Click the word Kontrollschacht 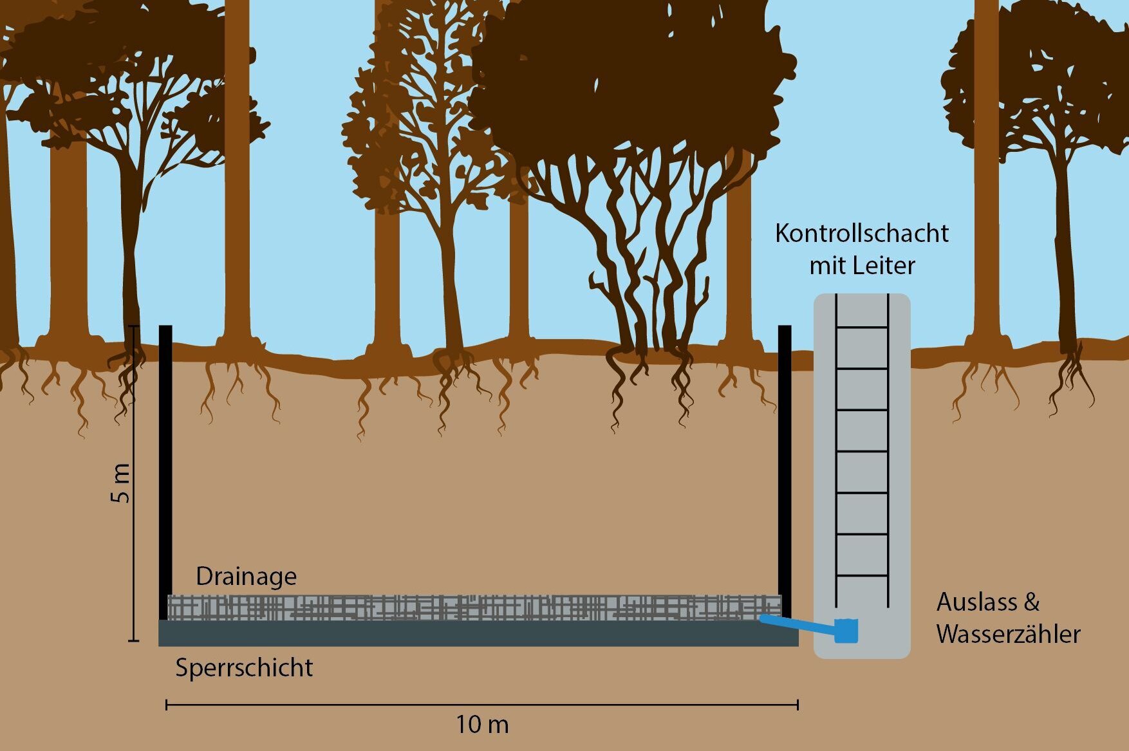861,234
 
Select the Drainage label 246,576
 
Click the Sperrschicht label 244,667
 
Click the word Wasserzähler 1008,635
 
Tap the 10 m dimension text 482,725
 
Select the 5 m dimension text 121,483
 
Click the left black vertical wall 165,470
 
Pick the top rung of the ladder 862,328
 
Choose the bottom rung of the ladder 862,575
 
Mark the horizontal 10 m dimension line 481,705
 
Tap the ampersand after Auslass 1031,602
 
